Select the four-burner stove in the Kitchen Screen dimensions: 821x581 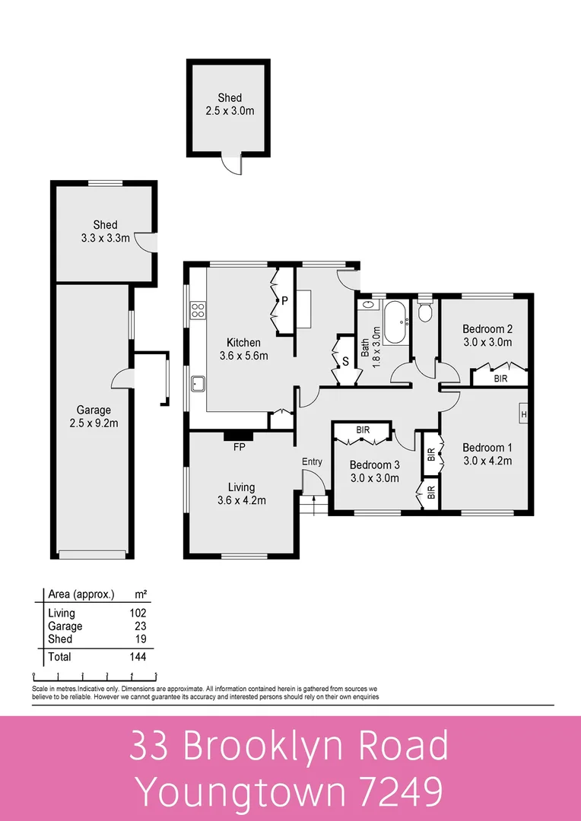198,309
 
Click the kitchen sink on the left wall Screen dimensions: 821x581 198,383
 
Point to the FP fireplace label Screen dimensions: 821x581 239,447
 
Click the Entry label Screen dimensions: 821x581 312,461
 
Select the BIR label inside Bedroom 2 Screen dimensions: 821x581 500,377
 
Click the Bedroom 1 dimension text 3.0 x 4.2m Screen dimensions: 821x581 487,460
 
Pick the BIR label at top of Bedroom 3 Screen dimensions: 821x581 363,430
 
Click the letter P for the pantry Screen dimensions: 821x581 284,300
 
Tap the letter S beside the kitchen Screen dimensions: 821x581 344,362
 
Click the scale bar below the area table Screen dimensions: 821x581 94,675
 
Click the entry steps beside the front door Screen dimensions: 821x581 308,504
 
